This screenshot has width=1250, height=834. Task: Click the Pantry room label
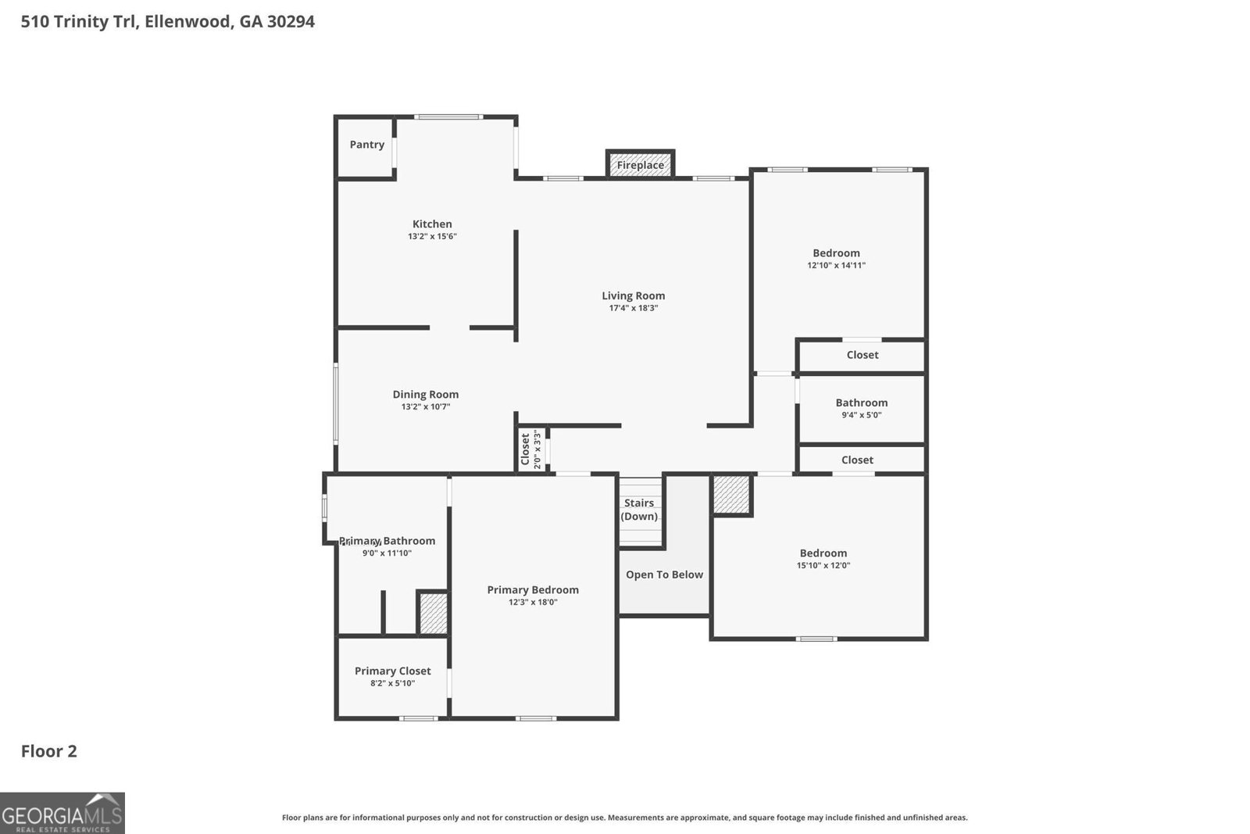pos(366,145)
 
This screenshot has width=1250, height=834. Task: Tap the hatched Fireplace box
pos(640,165)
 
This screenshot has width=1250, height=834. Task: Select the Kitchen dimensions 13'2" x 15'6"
pos(432,236)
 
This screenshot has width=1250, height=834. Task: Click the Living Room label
pos(633,295)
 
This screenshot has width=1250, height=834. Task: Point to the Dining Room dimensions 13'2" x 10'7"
pos(426,406)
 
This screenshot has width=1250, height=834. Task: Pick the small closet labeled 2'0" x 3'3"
pos(531,449)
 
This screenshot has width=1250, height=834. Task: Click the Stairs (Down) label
pos(639,510)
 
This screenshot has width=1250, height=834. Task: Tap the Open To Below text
pos(664,574)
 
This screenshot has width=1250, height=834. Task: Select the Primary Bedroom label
pos(533,589)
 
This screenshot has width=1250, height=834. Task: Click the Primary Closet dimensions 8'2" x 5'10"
pos(392,683)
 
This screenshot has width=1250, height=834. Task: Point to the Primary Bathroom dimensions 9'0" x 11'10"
pos(387,553)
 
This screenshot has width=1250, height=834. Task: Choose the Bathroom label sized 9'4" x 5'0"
pos(861,403)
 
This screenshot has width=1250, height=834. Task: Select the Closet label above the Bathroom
pos(862,355)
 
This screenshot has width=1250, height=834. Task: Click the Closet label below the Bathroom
pos(857,460)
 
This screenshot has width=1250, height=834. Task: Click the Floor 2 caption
pos(48,751)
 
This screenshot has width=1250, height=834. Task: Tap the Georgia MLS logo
pos(62,813)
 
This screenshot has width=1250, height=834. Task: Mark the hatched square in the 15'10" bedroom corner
pos(732,494)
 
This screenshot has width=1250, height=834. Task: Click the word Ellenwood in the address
pos(188,21)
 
